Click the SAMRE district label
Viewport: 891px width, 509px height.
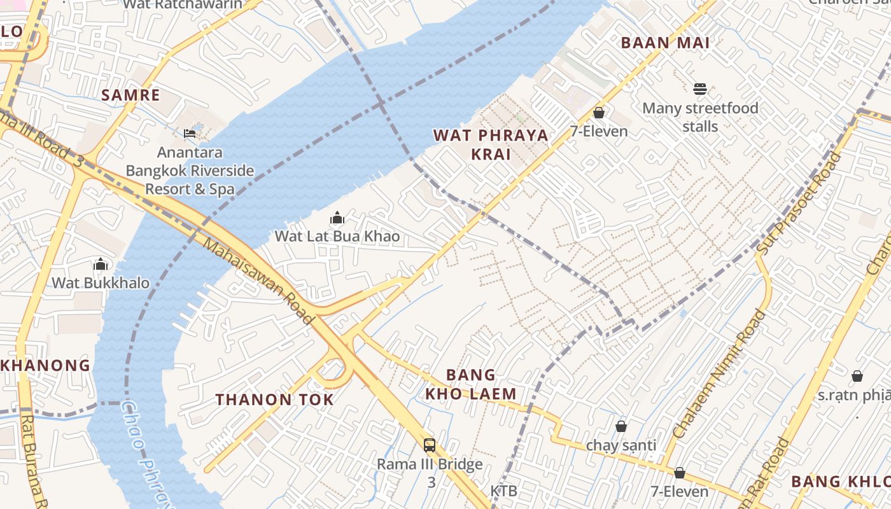click(130, 95)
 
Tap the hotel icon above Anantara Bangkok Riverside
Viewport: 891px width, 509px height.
click(190, 133)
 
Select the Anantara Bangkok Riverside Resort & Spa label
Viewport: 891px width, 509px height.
click(190, 171)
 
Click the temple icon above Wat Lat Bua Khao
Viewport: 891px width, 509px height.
click(337, 218)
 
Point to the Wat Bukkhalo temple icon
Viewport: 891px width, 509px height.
click(101, 264)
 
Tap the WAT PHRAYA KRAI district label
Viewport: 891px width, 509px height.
click(491, 144)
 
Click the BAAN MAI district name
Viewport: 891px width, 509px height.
click(664, 43)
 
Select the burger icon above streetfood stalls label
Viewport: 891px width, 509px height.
click(700, 89)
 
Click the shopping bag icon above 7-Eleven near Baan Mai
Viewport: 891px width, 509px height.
click(598, 113)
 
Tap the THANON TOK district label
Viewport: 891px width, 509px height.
click(274, 400)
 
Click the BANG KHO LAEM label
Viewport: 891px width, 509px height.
click(471, 384)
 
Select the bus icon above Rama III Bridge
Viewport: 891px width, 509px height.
click(430, 445)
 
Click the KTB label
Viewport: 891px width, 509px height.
click(503, 491)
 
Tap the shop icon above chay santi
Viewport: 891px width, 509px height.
click(621, 426)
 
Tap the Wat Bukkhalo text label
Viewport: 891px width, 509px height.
click(101, 283)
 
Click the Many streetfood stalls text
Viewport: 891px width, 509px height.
click(700, 117)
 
